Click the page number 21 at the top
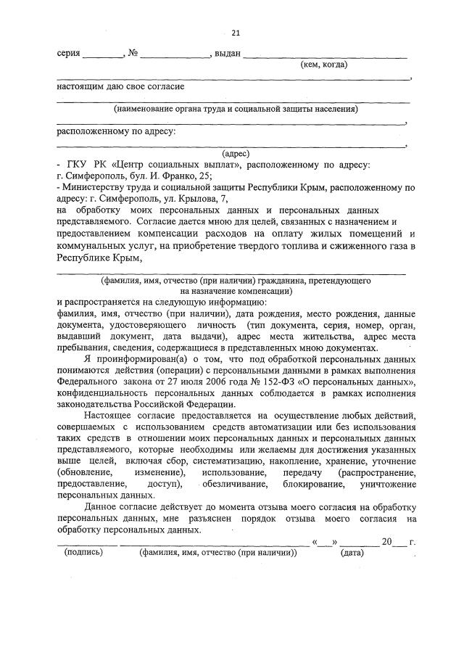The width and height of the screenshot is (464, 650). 236,33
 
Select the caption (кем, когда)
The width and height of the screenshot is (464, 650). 323,65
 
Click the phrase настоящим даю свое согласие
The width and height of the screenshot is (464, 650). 120,87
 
